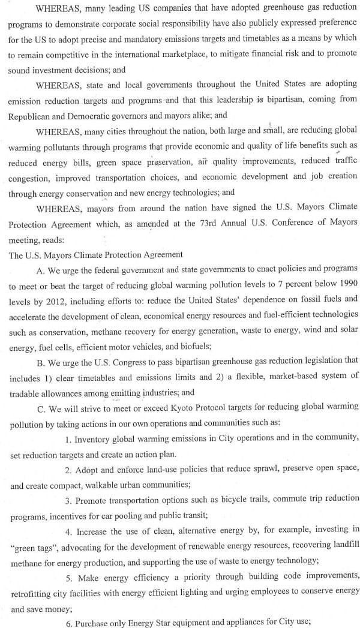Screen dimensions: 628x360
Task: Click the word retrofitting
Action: [32, 591]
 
